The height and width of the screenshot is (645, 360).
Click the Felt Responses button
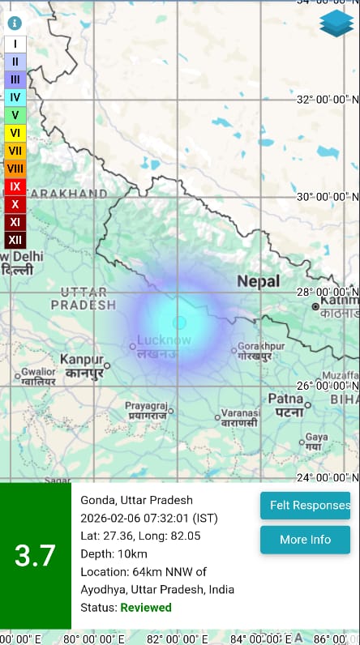coord(305,505)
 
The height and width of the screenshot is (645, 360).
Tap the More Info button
coord(305,540)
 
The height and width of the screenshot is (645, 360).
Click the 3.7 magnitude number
coord(35,556)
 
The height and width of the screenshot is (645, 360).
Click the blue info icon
coord(15,23)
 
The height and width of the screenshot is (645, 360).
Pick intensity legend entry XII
coord(15,240)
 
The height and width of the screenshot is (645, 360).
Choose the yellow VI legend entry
coord(15,132)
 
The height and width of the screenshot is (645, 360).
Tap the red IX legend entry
coord(15,186)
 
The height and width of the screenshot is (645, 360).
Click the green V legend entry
coord(15,114)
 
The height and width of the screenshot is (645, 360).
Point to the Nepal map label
coord(258,282)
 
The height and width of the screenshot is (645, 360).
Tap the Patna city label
coord(285,399)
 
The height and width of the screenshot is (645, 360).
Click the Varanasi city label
coord(239,413)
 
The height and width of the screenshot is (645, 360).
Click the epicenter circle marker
coord(179,322)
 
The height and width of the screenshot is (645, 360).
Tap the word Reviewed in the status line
coord(147,607)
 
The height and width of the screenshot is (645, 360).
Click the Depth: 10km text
coord(114,553)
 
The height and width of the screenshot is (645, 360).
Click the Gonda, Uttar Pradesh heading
coord(136,500)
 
